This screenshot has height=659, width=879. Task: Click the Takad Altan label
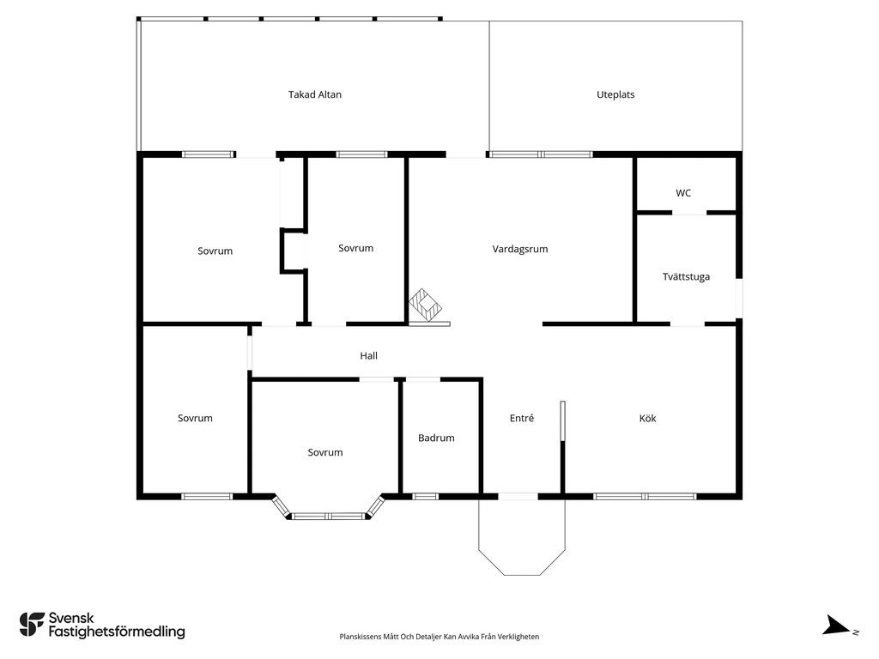(314, 94)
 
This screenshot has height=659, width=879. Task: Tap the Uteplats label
(615, 94)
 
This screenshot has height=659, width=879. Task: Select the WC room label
(683, 193)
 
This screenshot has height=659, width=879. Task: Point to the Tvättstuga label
(686, 277)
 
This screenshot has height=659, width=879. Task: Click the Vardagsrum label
(520, 249)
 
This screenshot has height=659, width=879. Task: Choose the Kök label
(647, 418)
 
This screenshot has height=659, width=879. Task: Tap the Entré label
(522, 418)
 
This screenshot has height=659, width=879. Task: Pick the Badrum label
(436, 438)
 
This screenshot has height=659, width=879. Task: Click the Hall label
(369, 356)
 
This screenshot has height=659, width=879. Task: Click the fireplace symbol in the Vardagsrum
(426, 305)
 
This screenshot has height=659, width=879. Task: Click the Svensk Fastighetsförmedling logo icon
(32, 625)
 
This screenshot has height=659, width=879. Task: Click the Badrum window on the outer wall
(426, 496)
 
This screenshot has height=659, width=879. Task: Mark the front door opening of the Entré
(518, 496)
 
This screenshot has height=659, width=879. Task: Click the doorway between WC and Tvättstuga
(689, 213)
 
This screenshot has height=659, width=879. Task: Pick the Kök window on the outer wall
(645, 496)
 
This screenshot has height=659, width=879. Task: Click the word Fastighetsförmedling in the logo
(117, 632)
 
